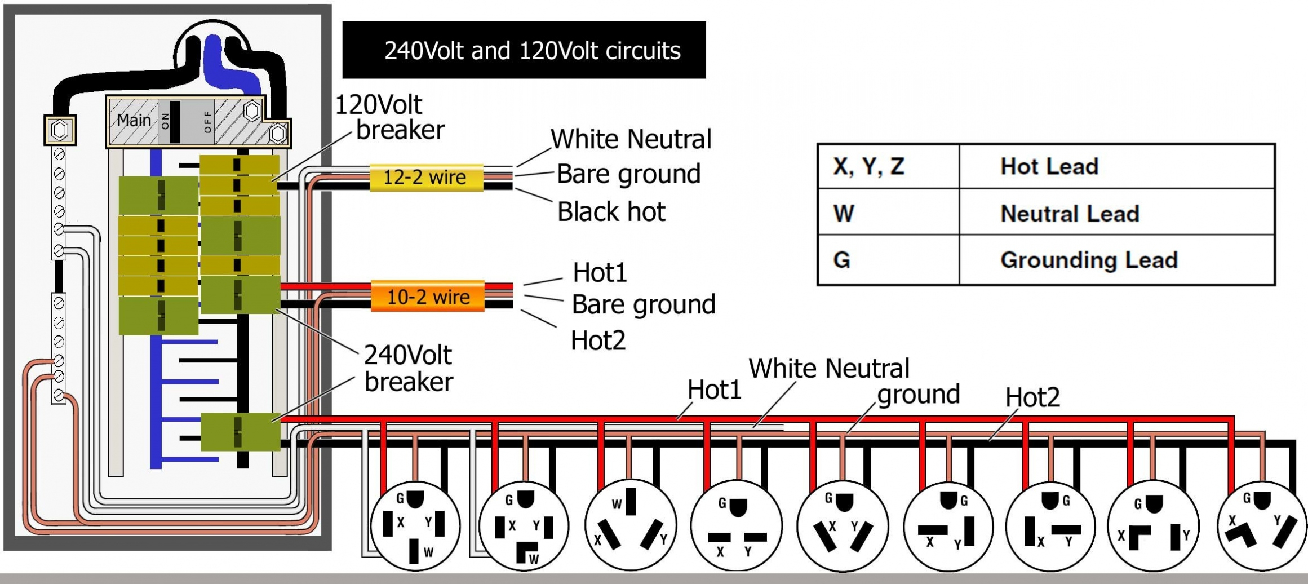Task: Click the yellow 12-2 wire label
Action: click(425, 178)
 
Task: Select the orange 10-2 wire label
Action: click(428, 297)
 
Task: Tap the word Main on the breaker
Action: click(134, 120)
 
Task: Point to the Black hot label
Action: click(611, 212)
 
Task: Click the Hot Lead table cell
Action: click(1049, 166)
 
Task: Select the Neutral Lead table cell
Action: click(1069, 214)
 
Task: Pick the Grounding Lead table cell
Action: click(1088, 260)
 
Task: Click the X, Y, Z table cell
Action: click(868, 166)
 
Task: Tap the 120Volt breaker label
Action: click(389, 117)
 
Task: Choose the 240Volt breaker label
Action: click(408, 368)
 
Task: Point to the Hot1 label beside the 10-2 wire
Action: click(600, 273)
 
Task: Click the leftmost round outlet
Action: click(415, 526)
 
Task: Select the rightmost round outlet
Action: click(1261, 526)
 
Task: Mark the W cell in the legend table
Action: click(844, 214)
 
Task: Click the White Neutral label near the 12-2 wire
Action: click(631, 139)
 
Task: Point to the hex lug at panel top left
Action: click(60, 130)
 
